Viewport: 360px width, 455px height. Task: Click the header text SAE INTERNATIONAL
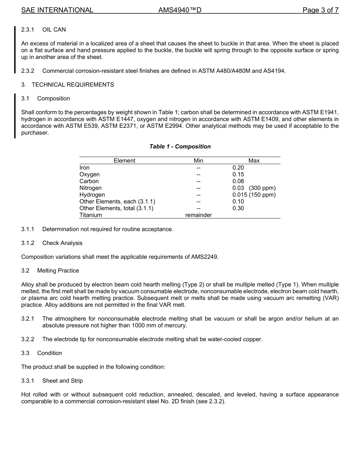[x=57, y=10]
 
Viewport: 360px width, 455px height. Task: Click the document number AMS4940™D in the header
[x=180, y=10]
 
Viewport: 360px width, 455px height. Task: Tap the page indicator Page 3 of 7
[x=320, y=10]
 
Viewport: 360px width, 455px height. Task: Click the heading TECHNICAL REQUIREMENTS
[x=73, y=85]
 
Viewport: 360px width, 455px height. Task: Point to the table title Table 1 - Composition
[x=180, y=146]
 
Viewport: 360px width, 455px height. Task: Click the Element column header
[x=124, y=161]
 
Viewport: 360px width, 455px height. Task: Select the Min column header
[x=198, y=161]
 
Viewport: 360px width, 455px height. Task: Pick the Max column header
[x=254, y=161]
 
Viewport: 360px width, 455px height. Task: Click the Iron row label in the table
[x=85, y=168]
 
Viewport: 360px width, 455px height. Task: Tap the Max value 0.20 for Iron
[x=238, y=168]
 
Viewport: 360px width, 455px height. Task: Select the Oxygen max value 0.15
[x=238, y=174]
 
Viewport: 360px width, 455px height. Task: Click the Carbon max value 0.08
[x=238, y=181]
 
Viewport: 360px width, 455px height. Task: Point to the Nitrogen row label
[x=91, y=188]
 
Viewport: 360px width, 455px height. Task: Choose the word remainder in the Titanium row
[x=198, y=215]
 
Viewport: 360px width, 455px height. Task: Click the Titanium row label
[x=91, y=215]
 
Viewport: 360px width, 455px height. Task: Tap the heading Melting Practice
[x=58, y=271]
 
